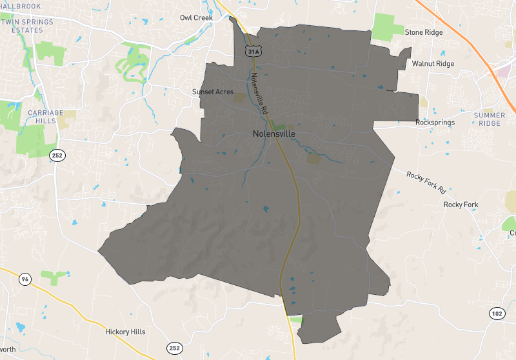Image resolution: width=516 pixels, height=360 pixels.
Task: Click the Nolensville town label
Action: pyautogui.click(x=273, y=134)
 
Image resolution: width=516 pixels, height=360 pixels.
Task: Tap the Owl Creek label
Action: pyautogui.click(x=196, y=17)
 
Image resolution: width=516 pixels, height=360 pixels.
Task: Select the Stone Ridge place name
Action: pyautogui.click(x=424, y=32)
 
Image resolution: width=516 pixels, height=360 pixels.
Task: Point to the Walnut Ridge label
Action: pyautogui.click(x=433, y=64)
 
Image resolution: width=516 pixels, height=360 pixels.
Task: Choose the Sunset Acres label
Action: pyautogui.click(x=213, y=92)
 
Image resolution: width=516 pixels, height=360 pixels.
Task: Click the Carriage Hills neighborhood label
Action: pyautogui.click(x=46, y=117)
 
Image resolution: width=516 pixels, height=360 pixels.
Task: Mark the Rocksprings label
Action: pyautogui.click(x=435, y=122)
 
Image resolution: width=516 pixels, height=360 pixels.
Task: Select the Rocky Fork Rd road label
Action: pyautogui.click(x=426, y=183)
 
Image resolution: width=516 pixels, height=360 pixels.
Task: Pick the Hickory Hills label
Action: pyautogui.click(x=125, y=332)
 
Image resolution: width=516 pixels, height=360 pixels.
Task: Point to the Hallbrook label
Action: pyautogui.click(x=21, y=6)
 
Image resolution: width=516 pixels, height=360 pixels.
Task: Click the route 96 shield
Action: pyautogui.click(x=25, y=279)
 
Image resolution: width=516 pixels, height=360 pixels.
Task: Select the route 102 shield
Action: pyautogui.click(x=495, y=314)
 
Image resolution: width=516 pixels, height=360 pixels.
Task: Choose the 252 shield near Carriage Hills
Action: pyautogui.click(x=56, y=155)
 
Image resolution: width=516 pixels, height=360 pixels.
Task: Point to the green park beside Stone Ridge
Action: pyautogui.click(x=387, y=28)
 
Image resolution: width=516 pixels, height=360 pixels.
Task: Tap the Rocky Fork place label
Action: pyautogui.click(x=461, y=205)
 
